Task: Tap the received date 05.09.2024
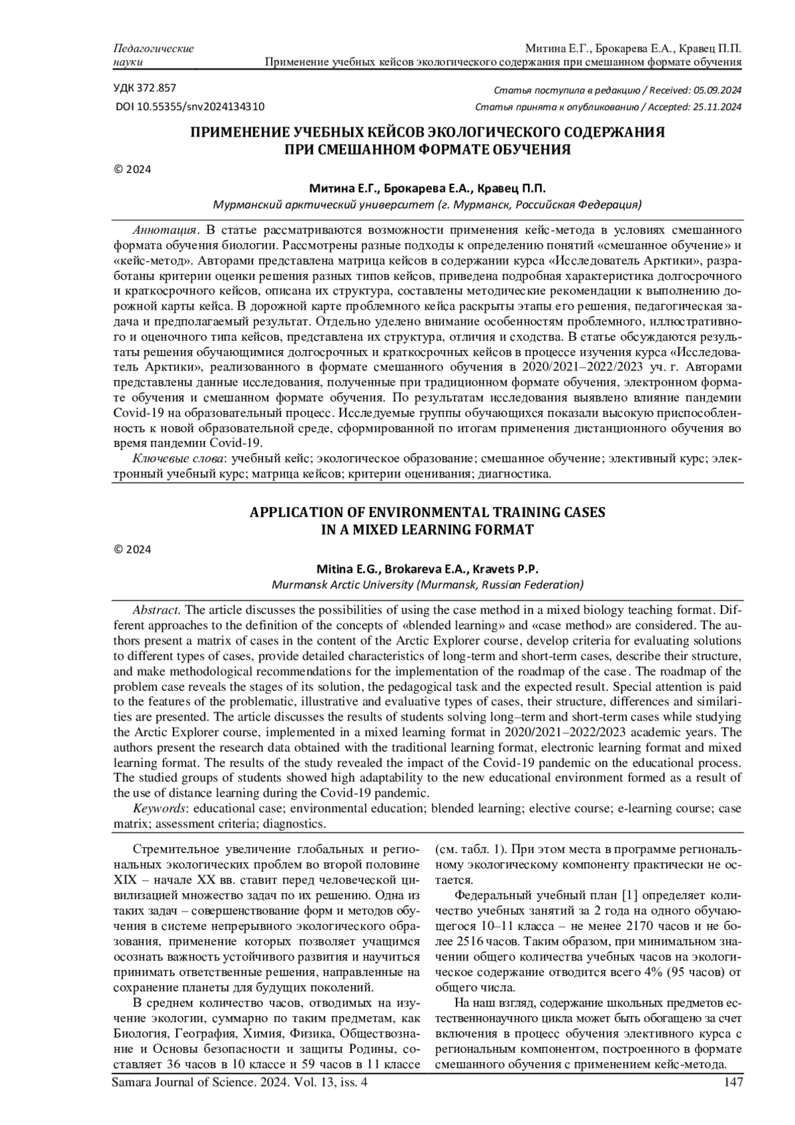[717, 91]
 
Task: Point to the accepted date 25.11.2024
[717, 107]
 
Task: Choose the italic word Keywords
[159, 808]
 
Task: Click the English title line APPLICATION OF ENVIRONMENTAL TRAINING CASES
[427, 512]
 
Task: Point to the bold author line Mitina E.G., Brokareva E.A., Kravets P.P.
[427, 569]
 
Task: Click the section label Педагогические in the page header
[154, 48]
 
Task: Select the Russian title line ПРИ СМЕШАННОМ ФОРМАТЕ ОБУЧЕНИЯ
[427, 149]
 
